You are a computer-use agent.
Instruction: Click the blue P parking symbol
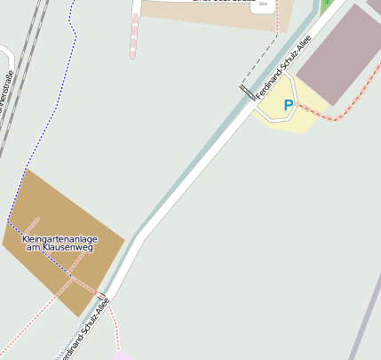point(288,106)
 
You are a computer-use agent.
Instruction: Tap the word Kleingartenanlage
point(60,239)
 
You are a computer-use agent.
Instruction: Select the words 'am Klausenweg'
point(60,248)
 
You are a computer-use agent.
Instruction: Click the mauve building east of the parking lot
point(338,53)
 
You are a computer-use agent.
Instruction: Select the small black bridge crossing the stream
point(246,92)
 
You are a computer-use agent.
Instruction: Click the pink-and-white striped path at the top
point(134,36)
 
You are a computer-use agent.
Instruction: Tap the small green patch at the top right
point(327,4)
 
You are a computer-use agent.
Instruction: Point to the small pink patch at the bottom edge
point(120,356)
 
